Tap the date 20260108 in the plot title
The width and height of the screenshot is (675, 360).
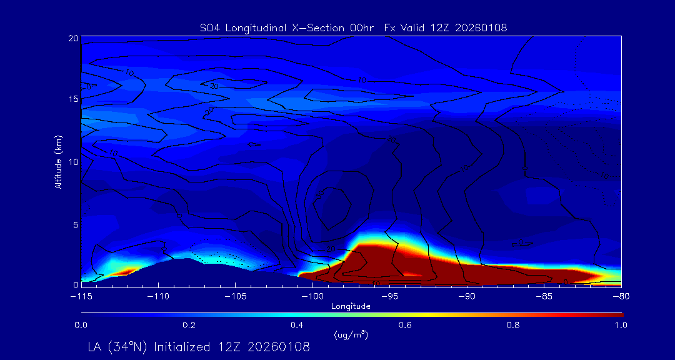pos(481,27)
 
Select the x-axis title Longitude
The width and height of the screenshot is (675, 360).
pos(351,306)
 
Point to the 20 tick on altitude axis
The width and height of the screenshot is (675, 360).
pos(73,38)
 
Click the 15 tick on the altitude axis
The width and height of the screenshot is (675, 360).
pos(73,99)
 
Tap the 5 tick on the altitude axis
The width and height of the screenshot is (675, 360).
pos(75,224)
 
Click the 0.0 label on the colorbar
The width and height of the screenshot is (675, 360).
pos(81,325)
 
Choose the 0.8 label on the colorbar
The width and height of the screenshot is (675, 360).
pos(514,325)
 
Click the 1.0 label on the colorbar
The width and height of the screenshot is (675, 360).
pos(621,325)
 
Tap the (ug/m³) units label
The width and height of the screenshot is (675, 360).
pos(351,335)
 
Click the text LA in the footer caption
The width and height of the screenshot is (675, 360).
pos(95,346)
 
